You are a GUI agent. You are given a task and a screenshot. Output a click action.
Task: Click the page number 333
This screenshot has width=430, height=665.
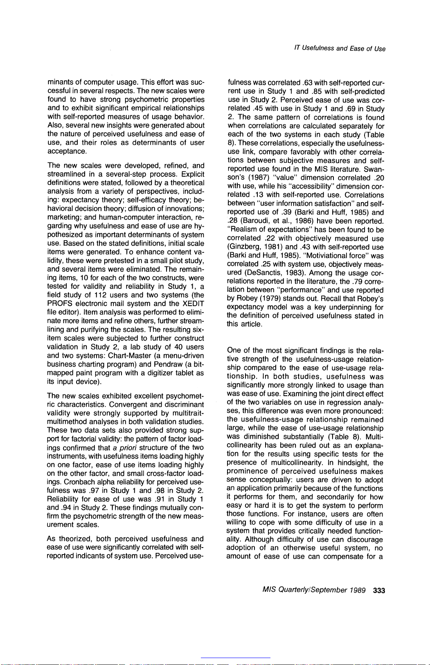click(379, 590)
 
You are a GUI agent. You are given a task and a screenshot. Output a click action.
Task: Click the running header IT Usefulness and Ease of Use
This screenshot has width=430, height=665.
click(340, 49)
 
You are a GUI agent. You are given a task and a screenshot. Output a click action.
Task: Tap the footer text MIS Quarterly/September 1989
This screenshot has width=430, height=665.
click(314, 590)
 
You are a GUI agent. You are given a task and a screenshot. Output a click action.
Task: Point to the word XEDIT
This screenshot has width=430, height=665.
click(194, 304)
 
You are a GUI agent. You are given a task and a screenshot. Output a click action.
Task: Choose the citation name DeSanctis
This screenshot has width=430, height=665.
click(259, 273)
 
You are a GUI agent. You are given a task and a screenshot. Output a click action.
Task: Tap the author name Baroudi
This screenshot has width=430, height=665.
click(254, 221)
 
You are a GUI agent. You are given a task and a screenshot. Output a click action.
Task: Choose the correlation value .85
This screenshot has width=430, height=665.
click(320, 91)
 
